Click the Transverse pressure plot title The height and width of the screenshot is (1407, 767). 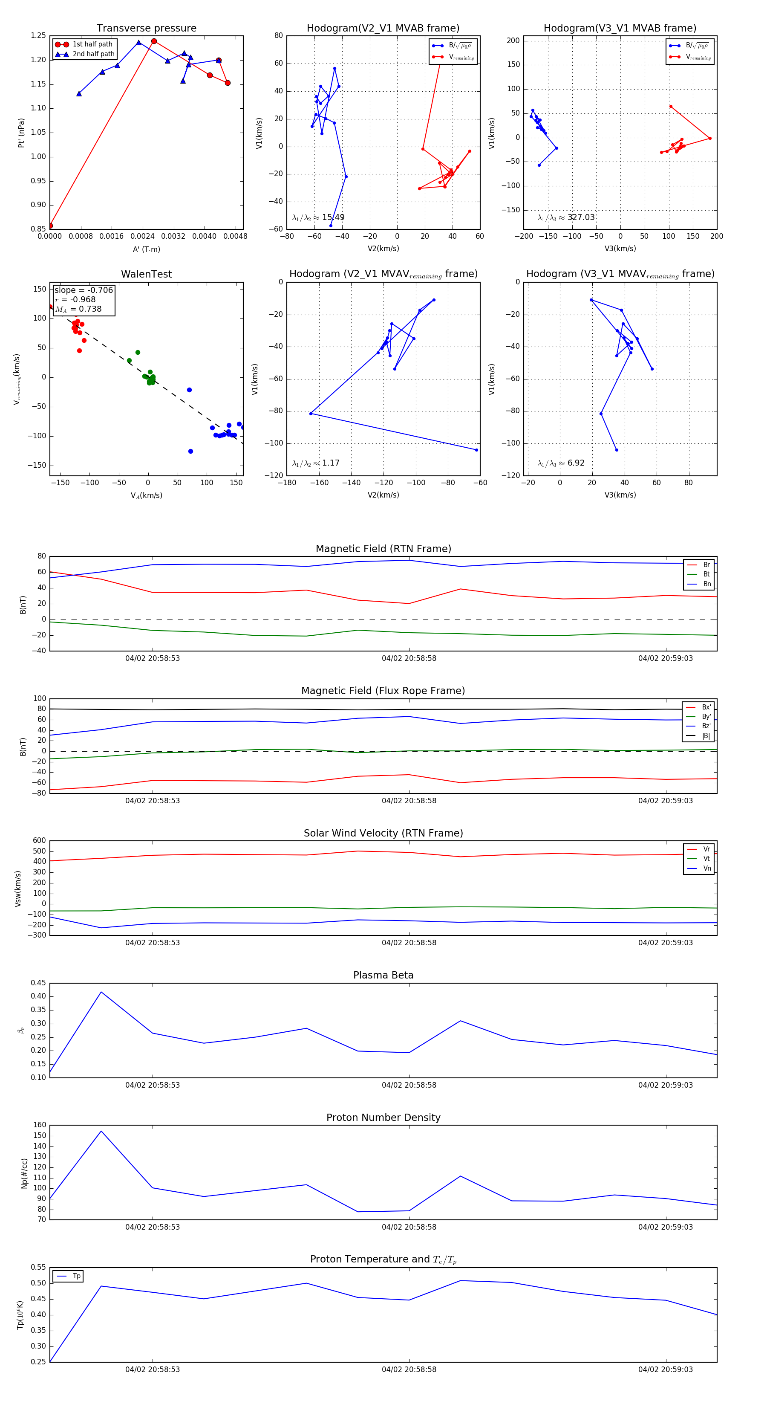pyautogui.click(x=146, y=29)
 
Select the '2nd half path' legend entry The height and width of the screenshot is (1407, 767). pyautogui.click(x=93, y=54)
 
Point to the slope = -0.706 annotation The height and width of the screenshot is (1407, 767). pyautogui.click(x=84, y=290)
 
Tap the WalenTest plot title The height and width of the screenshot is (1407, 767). pyautogui.click(x=146, y=274)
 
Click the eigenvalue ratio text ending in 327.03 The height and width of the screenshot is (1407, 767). pyautogui.click(x=566, y=217)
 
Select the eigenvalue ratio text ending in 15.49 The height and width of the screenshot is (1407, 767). pyautogui.click(x=318, y=217)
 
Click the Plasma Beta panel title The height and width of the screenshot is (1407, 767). pyautogui.click(x=383, y=975)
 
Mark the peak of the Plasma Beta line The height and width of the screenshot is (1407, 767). pyautogui.click(x=101, y=992)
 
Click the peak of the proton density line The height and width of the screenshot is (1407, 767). pyautogui.click(x=101, y=1131)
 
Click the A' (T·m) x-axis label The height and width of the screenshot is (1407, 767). pyautogui.click(x=146, y=249)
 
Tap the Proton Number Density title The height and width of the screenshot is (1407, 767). pyautogui.click(x=383, y=1117)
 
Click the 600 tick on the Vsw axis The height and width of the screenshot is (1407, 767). pyautogui.click(x=39, y=841)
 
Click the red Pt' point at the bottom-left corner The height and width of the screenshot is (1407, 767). pyautogui.click(x=50, y=226)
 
